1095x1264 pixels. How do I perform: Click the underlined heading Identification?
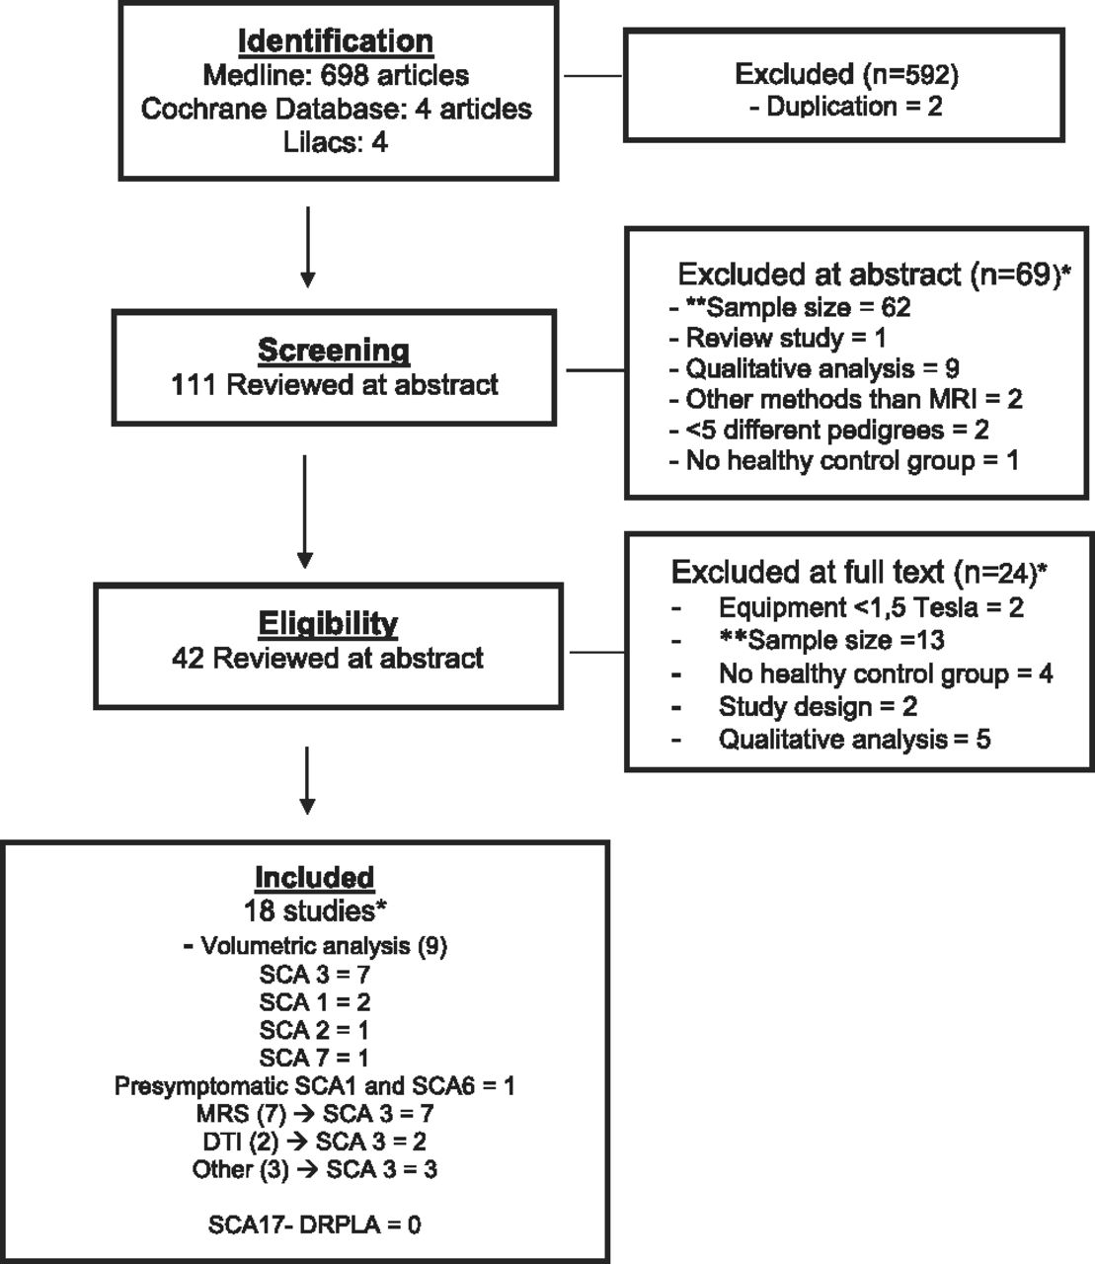(x=336, y=41)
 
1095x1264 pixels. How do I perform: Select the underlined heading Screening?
(x=334, y=351)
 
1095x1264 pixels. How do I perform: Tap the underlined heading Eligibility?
(x=329, y=624)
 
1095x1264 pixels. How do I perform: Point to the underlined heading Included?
(x=314, y=878)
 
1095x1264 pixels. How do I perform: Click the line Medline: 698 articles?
(x=336, y=75)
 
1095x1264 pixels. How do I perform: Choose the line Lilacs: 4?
(x=336, y=142)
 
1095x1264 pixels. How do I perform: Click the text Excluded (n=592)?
(x=847, y=74)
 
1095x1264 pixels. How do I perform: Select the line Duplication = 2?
(x=847, y=107)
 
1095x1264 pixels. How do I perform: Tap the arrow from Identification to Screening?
(x=308, y=247)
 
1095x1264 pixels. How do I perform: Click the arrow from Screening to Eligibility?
(x=304, y=512)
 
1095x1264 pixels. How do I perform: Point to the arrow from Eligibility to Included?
(x=307, y=780)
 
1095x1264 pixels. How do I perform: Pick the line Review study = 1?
(x=778, y=338)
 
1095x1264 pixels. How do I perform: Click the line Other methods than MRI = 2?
(x=846, y=399)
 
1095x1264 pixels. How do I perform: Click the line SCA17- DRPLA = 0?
(x=314, y=1224)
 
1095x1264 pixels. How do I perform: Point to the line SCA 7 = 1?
(x=314, y=1058)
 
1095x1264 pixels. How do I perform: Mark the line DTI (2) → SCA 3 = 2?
(x=314, y=1142)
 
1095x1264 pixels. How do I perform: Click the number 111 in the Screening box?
(x=194, y=385)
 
